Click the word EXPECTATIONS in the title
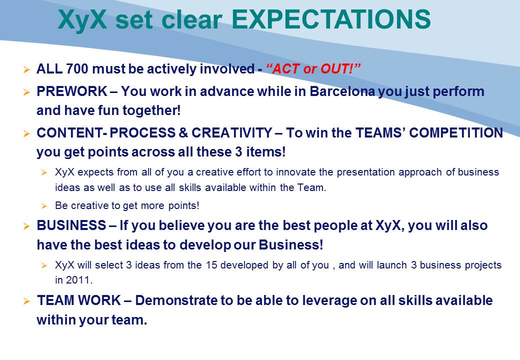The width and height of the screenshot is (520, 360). (331, 19)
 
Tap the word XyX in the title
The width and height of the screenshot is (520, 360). (82, 19)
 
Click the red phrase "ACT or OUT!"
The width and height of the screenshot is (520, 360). (313, 69)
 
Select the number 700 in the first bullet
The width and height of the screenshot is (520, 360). (77, 69)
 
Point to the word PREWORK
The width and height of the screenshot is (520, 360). (72, 91)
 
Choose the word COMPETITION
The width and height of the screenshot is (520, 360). (456, 133)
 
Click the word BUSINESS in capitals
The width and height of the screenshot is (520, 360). (71, 225)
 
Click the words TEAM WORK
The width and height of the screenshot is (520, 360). (79, 300)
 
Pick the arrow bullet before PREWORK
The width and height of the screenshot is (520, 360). (26, 92)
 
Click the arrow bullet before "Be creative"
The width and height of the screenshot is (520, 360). (44, 206)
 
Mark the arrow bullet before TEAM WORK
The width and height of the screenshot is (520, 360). (26, 301)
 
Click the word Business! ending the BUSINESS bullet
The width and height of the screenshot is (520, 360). (291, 245)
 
